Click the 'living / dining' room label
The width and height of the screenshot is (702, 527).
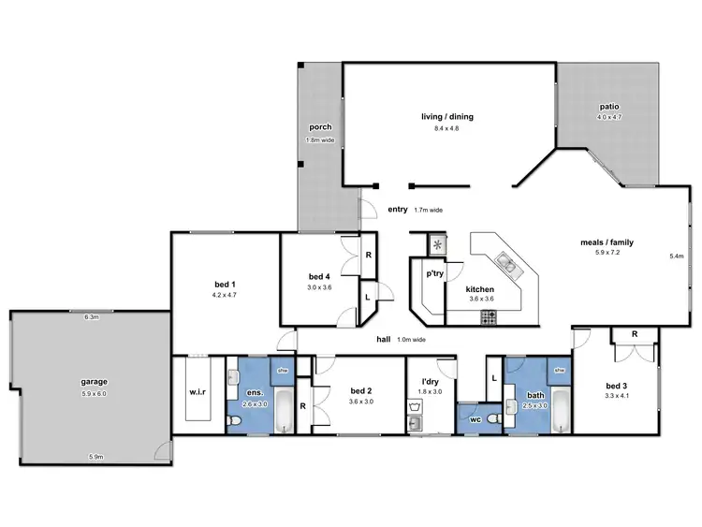tap(446, 117)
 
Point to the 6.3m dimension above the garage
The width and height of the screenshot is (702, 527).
tap(91, 317)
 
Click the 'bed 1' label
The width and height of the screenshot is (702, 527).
tap(226, 284)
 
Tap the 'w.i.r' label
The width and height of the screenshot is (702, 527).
tap(197, 392)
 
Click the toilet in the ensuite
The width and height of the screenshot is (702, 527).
tap(235, 424)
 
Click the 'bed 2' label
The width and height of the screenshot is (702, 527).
tap(361, 390)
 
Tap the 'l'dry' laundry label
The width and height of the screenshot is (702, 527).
tap(430, 382)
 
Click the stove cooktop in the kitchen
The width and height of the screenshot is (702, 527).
tap(490, 318)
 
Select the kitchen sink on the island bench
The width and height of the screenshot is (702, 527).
tap(506, 263)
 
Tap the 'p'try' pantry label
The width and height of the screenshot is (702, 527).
tap(434, 274)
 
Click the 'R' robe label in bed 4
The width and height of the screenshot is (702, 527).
tap(369, 256)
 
